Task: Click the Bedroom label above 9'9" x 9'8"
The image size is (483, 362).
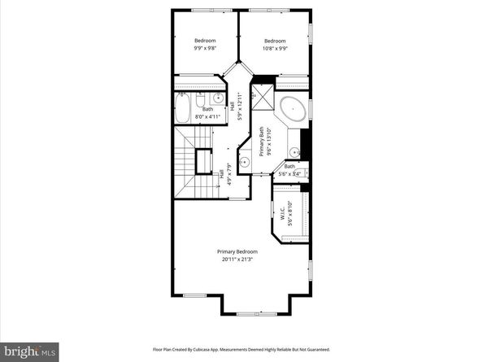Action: pyautogui.click(x=205, y=41)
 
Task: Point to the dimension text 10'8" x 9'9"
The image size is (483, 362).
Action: pyautogui.click(x=275, y=49)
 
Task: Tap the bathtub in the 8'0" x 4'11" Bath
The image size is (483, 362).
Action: pyautogui.click(x=183, y=106)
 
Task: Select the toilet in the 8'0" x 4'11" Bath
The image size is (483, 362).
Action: pyautogui.click(x=202, y=99)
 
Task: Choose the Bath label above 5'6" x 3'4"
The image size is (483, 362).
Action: pyautogui.click(x=289, y=167)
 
